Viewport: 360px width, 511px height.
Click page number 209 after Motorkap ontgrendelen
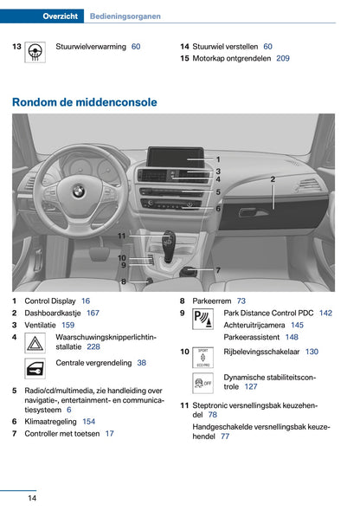[x=283, y=59]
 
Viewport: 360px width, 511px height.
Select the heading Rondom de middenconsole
[x=85, y=102]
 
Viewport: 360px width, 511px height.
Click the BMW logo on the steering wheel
[x=77, y=190]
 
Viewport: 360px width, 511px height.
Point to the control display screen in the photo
[x=176, y=158]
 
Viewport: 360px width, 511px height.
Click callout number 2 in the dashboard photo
[x=273, y=179]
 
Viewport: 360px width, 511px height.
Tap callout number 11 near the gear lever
[x=122, y=236]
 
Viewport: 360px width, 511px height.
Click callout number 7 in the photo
[x=218, y=270]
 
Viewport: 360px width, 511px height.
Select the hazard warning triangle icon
[x=36, y=345]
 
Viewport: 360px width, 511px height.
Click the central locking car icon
[x=36, y=370]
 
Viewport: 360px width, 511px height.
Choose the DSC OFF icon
[x=204, y=384]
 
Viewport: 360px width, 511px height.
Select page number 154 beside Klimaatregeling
[x=88, y=421]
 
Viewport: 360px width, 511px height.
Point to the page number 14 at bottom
[x=31, y=498]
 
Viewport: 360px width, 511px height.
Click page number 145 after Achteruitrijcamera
[x=297, y=325]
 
